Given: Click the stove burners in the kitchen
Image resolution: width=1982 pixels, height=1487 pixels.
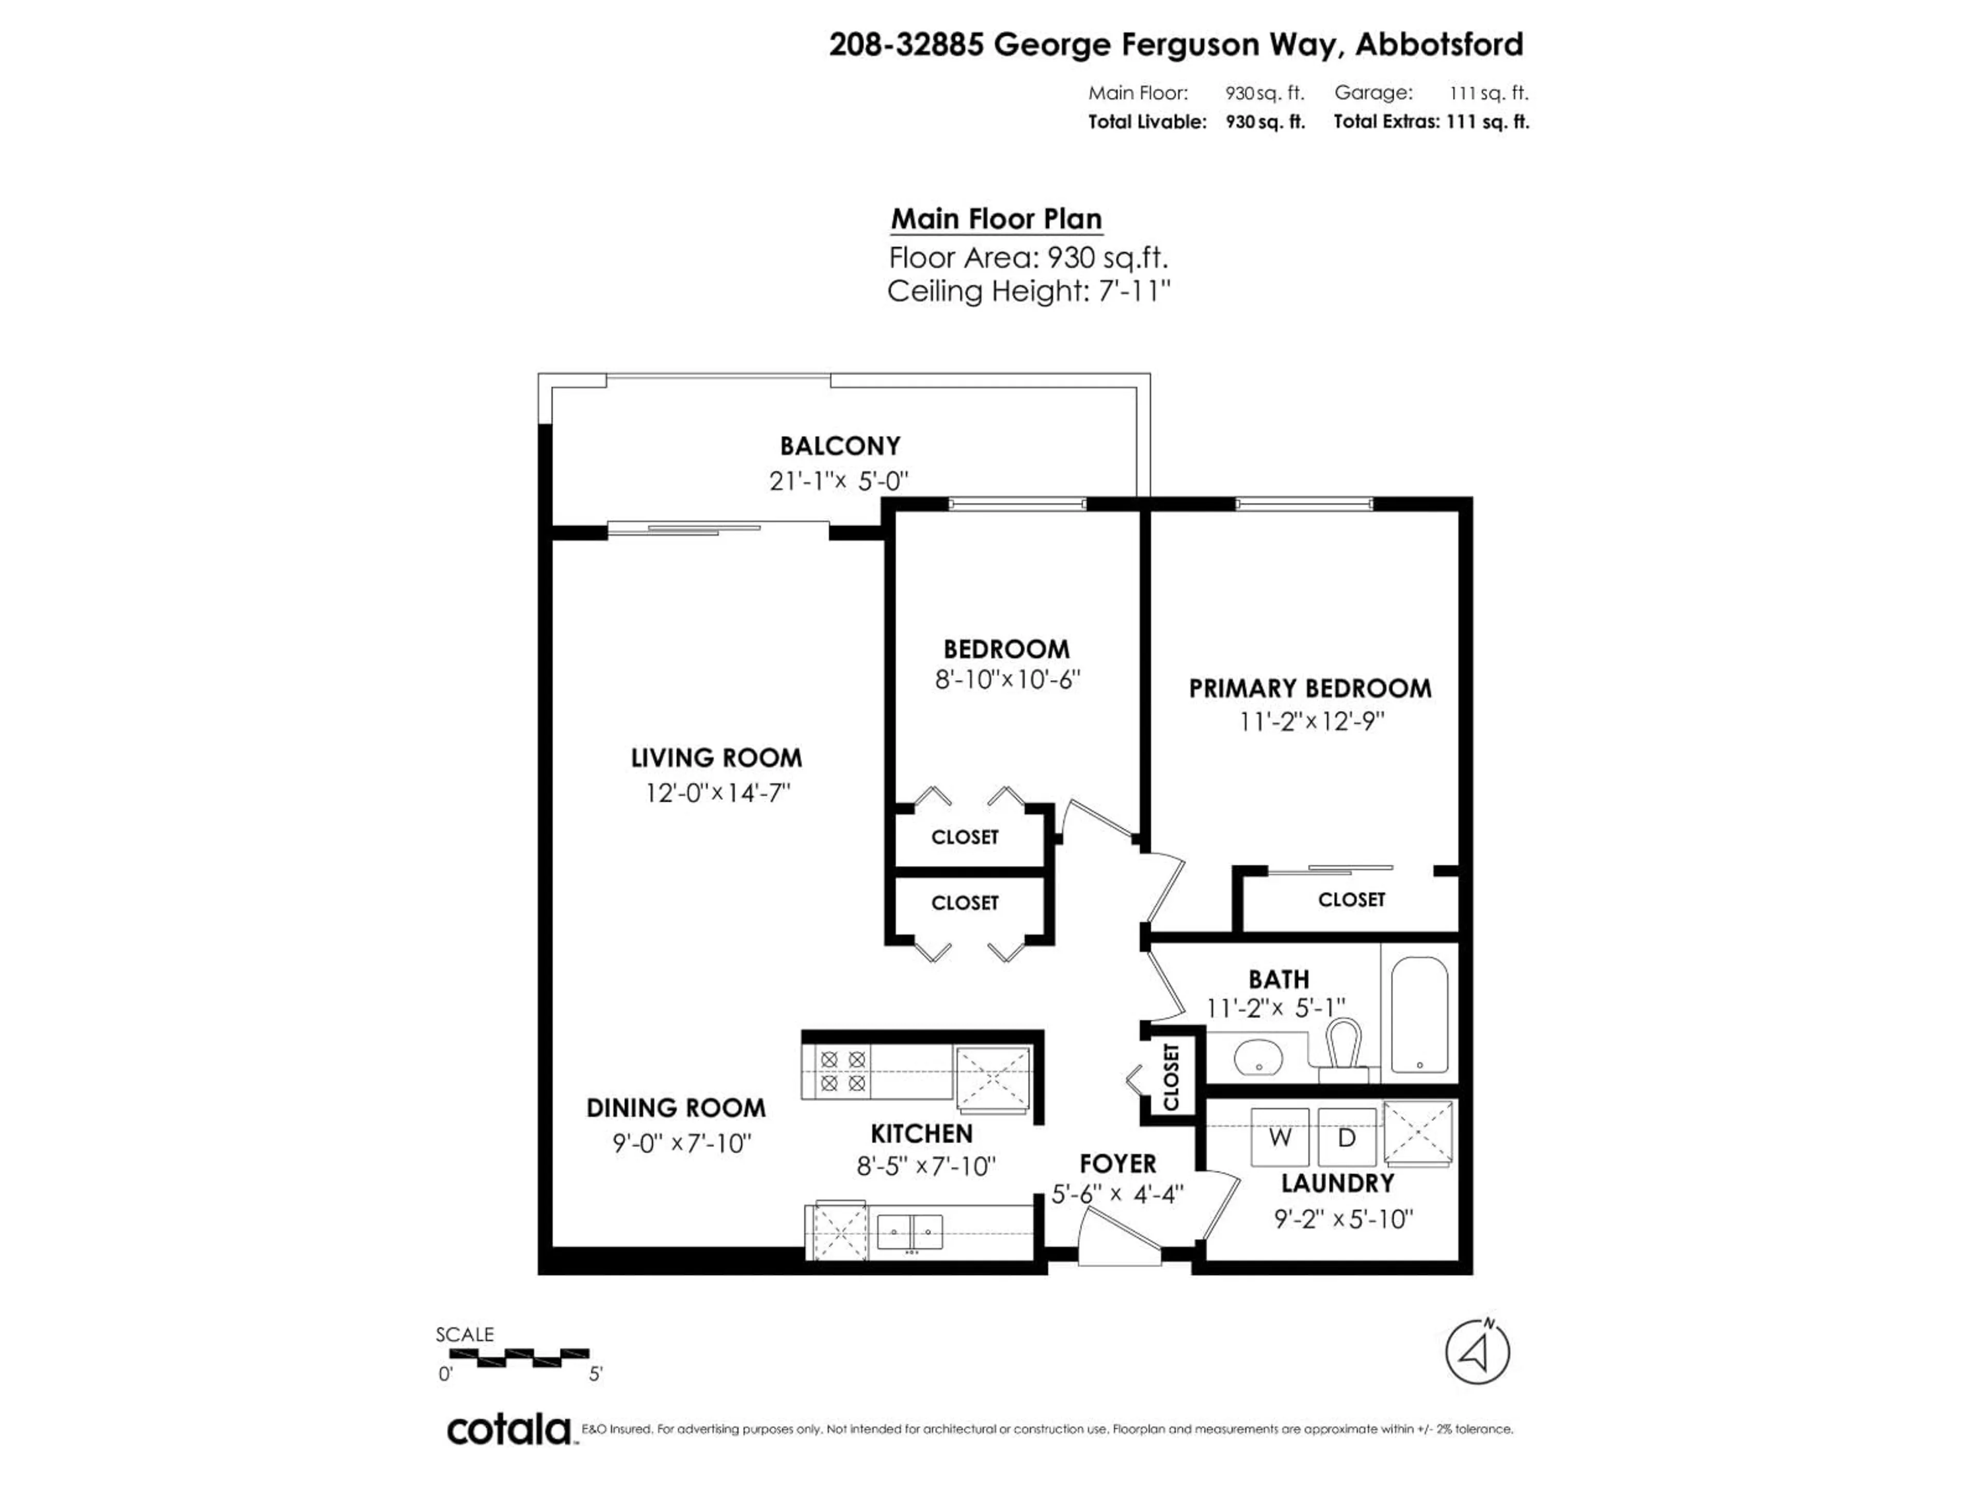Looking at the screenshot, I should (842, 1071).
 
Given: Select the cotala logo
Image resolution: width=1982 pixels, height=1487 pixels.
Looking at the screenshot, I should (509, 1430).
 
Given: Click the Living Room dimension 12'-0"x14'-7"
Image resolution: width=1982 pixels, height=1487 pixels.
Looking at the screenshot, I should (717, 793).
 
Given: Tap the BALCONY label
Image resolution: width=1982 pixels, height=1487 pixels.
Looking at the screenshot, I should (840, 446).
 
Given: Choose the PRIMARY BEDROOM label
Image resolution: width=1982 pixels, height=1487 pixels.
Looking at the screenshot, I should (1310, 688).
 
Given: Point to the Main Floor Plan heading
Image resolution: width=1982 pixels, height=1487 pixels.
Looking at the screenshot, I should (996, 219).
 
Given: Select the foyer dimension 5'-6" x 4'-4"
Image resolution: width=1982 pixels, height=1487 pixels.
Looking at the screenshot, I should (1117, 1194).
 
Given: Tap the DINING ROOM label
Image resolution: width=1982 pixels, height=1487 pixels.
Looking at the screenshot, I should (676, 1108).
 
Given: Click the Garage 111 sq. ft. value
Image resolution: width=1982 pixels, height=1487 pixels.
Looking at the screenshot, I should (1488, 92).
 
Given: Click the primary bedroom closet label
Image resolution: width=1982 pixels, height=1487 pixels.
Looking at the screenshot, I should (1351, 899).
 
